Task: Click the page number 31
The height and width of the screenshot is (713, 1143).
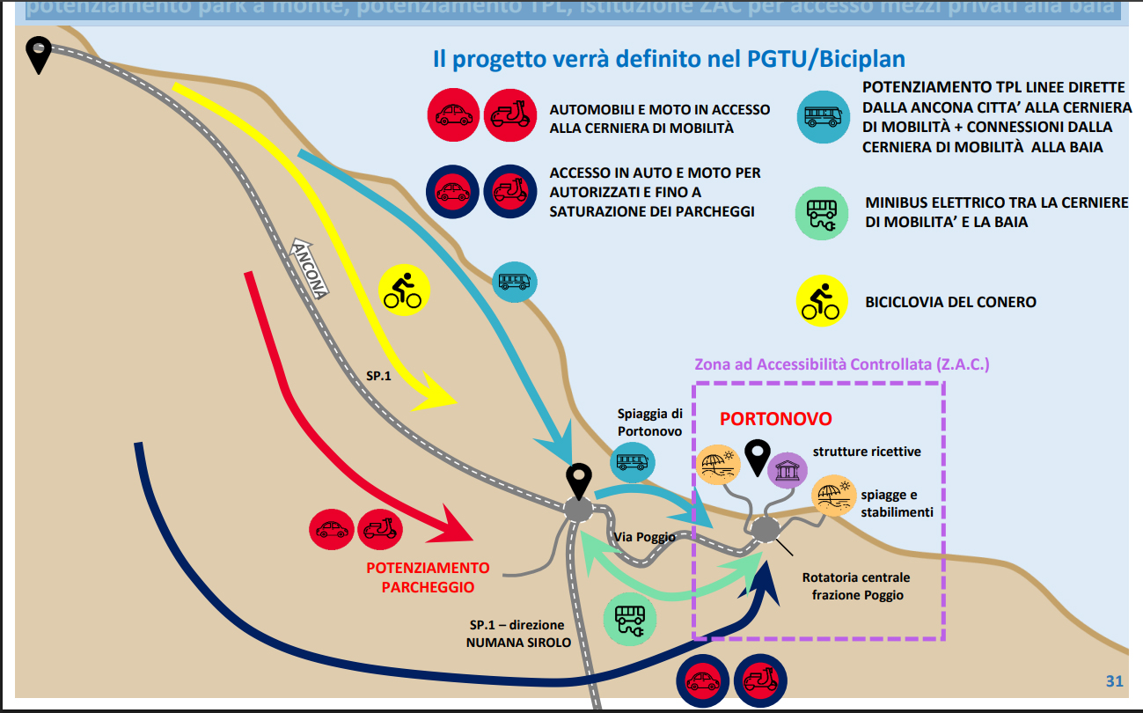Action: tap(1114, 680)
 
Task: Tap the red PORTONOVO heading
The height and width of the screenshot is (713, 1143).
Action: tap(775, 419)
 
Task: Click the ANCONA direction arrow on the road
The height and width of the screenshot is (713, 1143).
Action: tap(310, 268)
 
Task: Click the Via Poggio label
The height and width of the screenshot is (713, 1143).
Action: tap(645, 537)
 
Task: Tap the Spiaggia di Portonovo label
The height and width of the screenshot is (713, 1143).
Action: tap(649, 423)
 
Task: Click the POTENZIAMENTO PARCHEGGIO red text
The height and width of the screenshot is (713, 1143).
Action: tap(428, 577)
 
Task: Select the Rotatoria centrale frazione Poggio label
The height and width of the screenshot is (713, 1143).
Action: tap(855, 586)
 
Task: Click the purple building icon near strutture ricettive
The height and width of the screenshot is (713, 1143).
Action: tap(788, 469)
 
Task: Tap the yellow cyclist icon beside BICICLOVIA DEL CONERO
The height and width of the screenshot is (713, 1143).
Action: tap(823, 301)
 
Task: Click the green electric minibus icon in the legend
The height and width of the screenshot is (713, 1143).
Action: tap(822, 213)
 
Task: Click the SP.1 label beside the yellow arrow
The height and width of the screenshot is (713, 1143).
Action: tap(379, 376)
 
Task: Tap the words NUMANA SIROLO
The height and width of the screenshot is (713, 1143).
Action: tap(518, 643)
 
